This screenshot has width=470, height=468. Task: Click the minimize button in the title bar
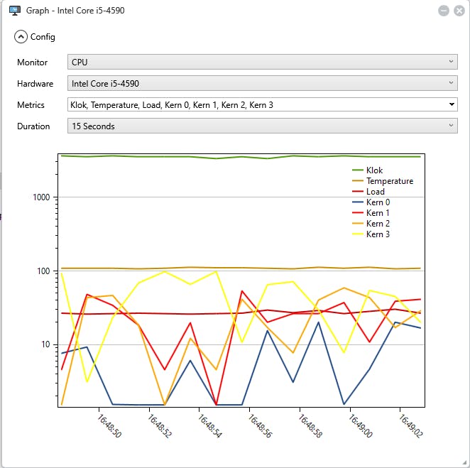(443, 11)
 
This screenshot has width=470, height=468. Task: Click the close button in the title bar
(458, 11)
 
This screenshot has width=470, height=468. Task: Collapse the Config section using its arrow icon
(21, 37)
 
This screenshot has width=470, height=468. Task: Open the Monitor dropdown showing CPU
(262, 62)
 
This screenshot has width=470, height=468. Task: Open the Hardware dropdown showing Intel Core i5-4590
(262, 84)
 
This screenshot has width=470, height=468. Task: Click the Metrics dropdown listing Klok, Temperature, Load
(262, 105)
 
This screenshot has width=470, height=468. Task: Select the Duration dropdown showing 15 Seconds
(262, 126)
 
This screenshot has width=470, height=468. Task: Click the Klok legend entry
(374, 170)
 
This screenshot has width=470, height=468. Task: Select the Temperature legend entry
(389, 181)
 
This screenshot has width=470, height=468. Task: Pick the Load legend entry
(375, 192)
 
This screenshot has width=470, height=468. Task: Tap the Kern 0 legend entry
(378, 202)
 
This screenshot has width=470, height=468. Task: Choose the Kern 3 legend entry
(378, 234)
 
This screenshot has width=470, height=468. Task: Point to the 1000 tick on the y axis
(43, 197)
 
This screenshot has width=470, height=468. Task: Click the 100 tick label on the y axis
(46, 271)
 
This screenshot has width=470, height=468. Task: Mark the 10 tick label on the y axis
(48, 345)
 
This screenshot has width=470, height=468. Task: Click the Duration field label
(33, 126)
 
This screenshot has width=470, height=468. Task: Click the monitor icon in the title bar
(13, 11)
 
